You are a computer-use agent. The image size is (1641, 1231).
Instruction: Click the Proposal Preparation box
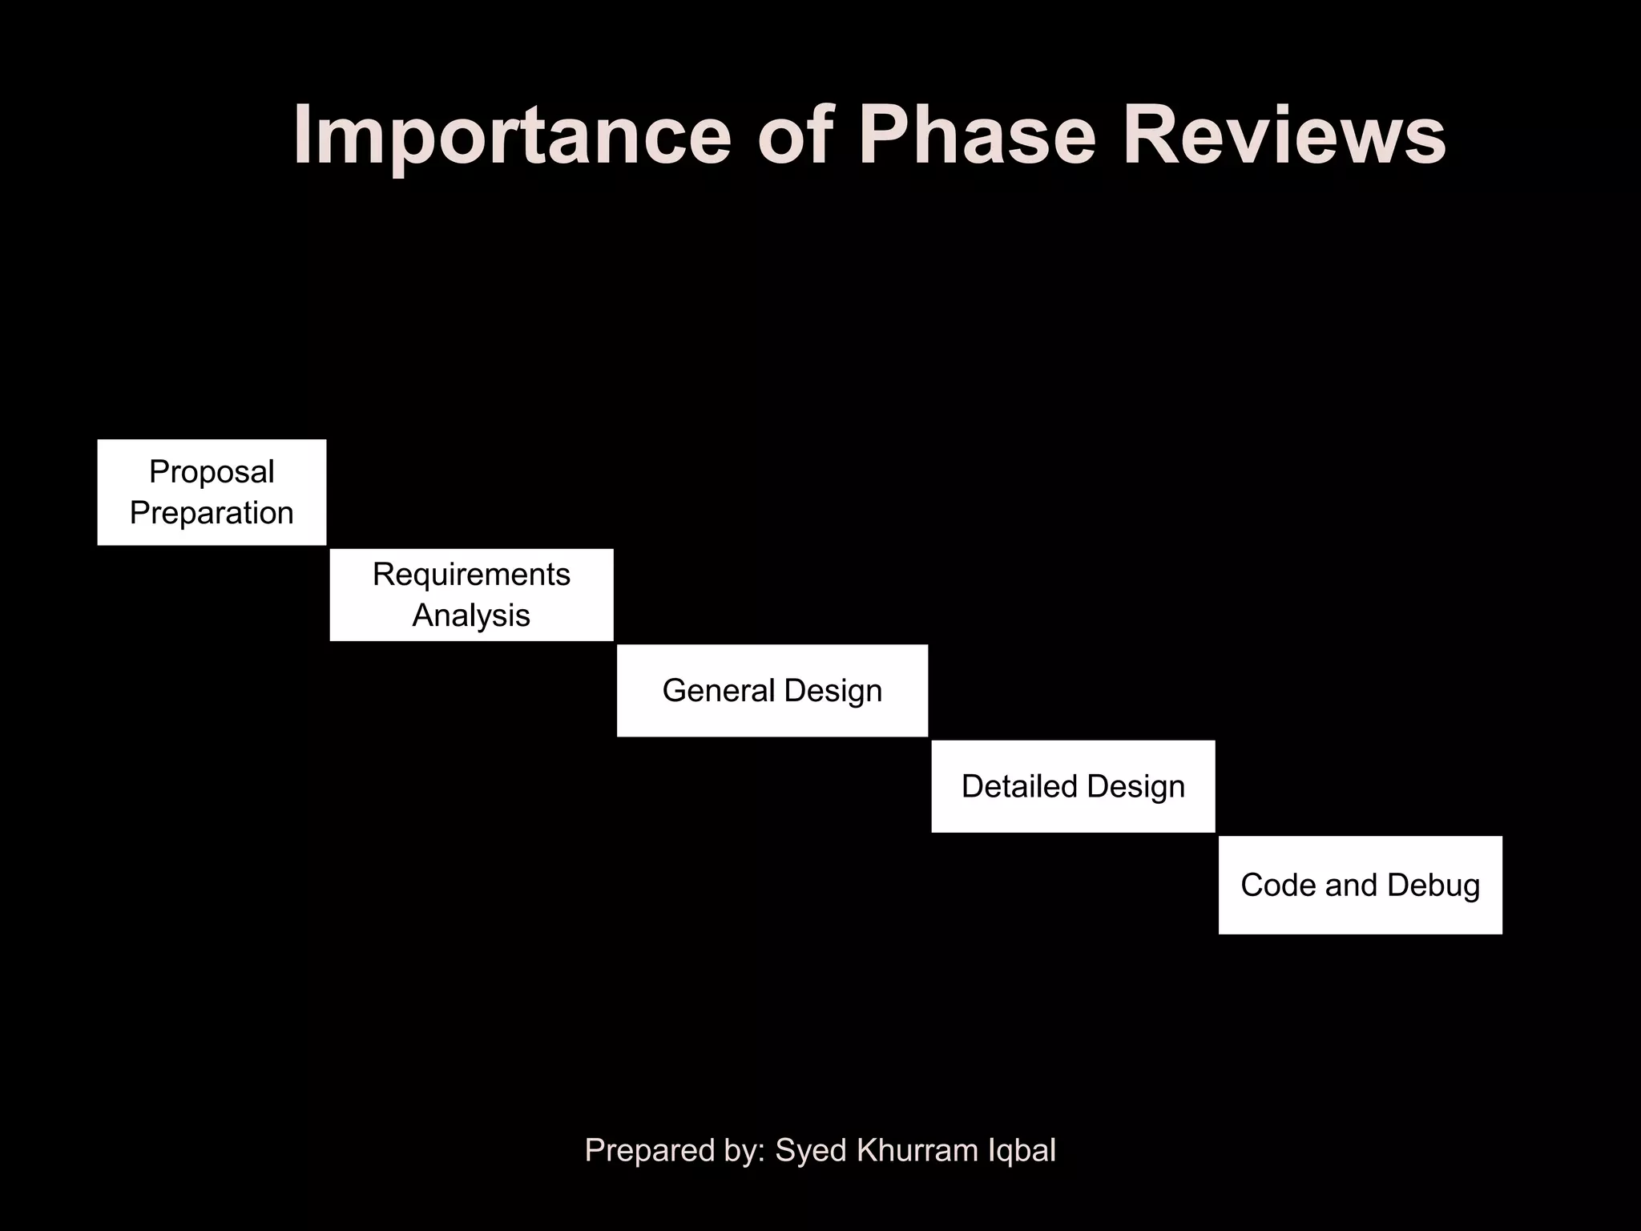[x=212, y=492]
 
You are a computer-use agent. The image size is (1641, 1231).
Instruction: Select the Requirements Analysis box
[x=471, y=595]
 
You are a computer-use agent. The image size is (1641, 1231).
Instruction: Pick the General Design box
[x=772, y=690]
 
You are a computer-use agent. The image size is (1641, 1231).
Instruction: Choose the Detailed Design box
[x=1073, y=786]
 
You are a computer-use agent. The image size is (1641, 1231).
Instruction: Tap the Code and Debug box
[x=1360, y=885]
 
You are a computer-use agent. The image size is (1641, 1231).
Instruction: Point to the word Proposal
[x=212, y=472]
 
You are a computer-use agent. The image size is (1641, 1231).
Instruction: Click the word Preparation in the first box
[x=212, y=513]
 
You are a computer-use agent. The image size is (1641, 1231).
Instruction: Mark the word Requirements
[x=471, y=575]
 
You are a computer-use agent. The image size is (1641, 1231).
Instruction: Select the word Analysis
[x=471, y=615]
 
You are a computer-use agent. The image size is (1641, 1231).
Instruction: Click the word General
[x=718, y=690]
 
